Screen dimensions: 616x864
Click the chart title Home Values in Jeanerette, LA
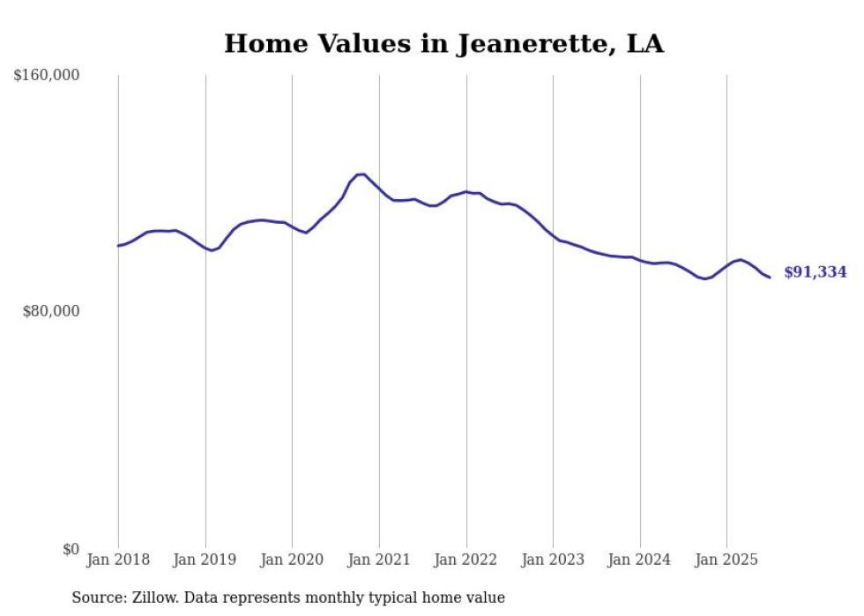pyautogui.click(x=443, y=43)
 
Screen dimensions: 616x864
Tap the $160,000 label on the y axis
pyautogui.click(x=47, y=76)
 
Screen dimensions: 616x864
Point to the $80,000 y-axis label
pyautogui.click(x=50, y=311)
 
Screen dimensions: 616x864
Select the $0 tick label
pyautogui.click(x=71, y=549)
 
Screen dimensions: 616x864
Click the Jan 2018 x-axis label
pyautogui.click(x=118, y=560)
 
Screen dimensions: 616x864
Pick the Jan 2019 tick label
pyautogui.click(x=205, y=560)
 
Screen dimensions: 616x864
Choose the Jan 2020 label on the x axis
pyautogui.click(x=292, y=560)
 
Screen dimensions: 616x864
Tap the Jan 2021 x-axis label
pyautogui.click(x=379, y=560)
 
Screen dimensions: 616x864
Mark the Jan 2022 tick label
pyautogui.click(x=466, y=560)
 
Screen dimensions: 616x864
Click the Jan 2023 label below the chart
pyautogui.click(x=553, y=560)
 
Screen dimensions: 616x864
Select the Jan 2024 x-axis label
pyautogui.click(x=640, y=560)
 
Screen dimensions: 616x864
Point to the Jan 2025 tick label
pyautogui.click(x=726, y=560)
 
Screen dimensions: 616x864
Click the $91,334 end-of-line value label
pyautogui.click(x=815, y=272)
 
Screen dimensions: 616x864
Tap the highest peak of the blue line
pyautogui.click(x=361, y=174)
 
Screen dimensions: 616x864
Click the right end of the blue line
pyautogui.click(x=770, y=278)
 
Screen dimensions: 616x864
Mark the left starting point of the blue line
pyautogui.click(x=118, y=246)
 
